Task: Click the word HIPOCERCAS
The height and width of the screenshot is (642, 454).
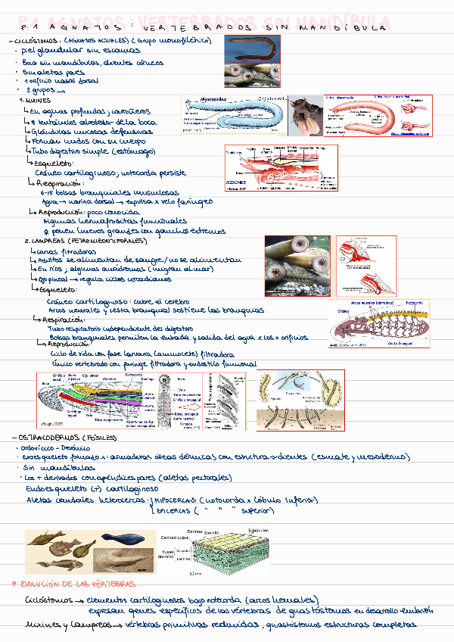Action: pyautogui.click(x=178, y=501)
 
